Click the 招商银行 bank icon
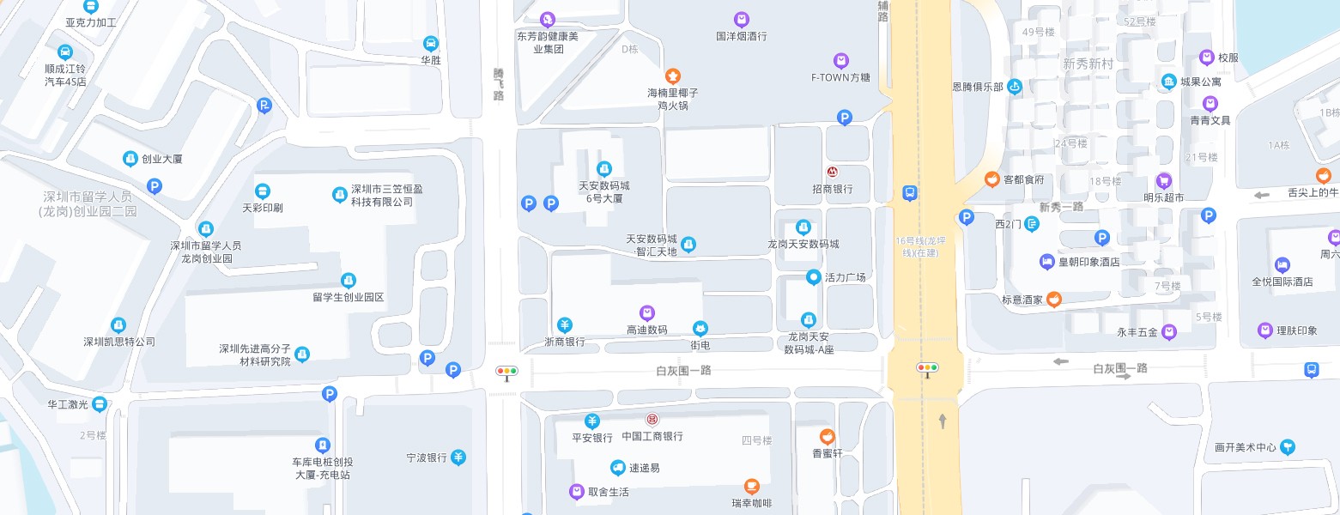click(x=832, y=173)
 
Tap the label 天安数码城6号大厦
click(x=604, y=191)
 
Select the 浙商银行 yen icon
click(x=565, y=324)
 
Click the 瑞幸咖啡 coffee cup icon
click(x=752, y=487)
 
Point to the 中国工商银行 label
click(x=652, y=436)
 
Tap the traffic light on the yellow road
click(x=927, y=368)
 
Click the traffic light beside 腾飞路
click(x=507, y=373)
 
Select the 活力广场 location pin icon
click(x=813, y=277)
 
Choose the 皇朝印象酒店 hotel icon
click(x=1046, y=261)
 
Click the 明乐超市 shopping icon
click(x=1163, y=181)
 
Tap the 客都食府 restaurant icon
click(x=991, y=179)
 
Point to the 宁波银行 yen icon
click(x=459, y=457)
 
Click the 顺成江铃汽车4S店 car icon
click(x=65, y=51)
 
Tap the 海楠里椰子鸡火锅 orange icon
click(x=673, y=76)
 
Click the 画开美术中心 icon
click(x=1287, y=447)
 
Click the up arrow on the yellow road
click(x=943, y=421)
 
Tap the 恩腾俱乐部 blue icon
click(x=1015, y=86)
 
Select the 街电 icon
click(x=700, y=329)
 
